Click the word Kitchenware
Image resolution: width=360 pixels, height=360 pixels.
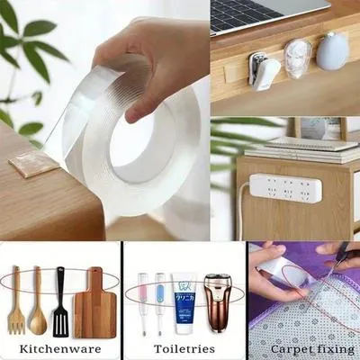(x=58, y=346)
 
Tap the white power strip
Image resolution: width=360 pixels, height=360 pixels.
(x=285, y=188)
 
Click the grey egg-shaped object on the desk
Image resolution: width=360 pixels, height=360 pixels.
(x=335, y=52)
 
